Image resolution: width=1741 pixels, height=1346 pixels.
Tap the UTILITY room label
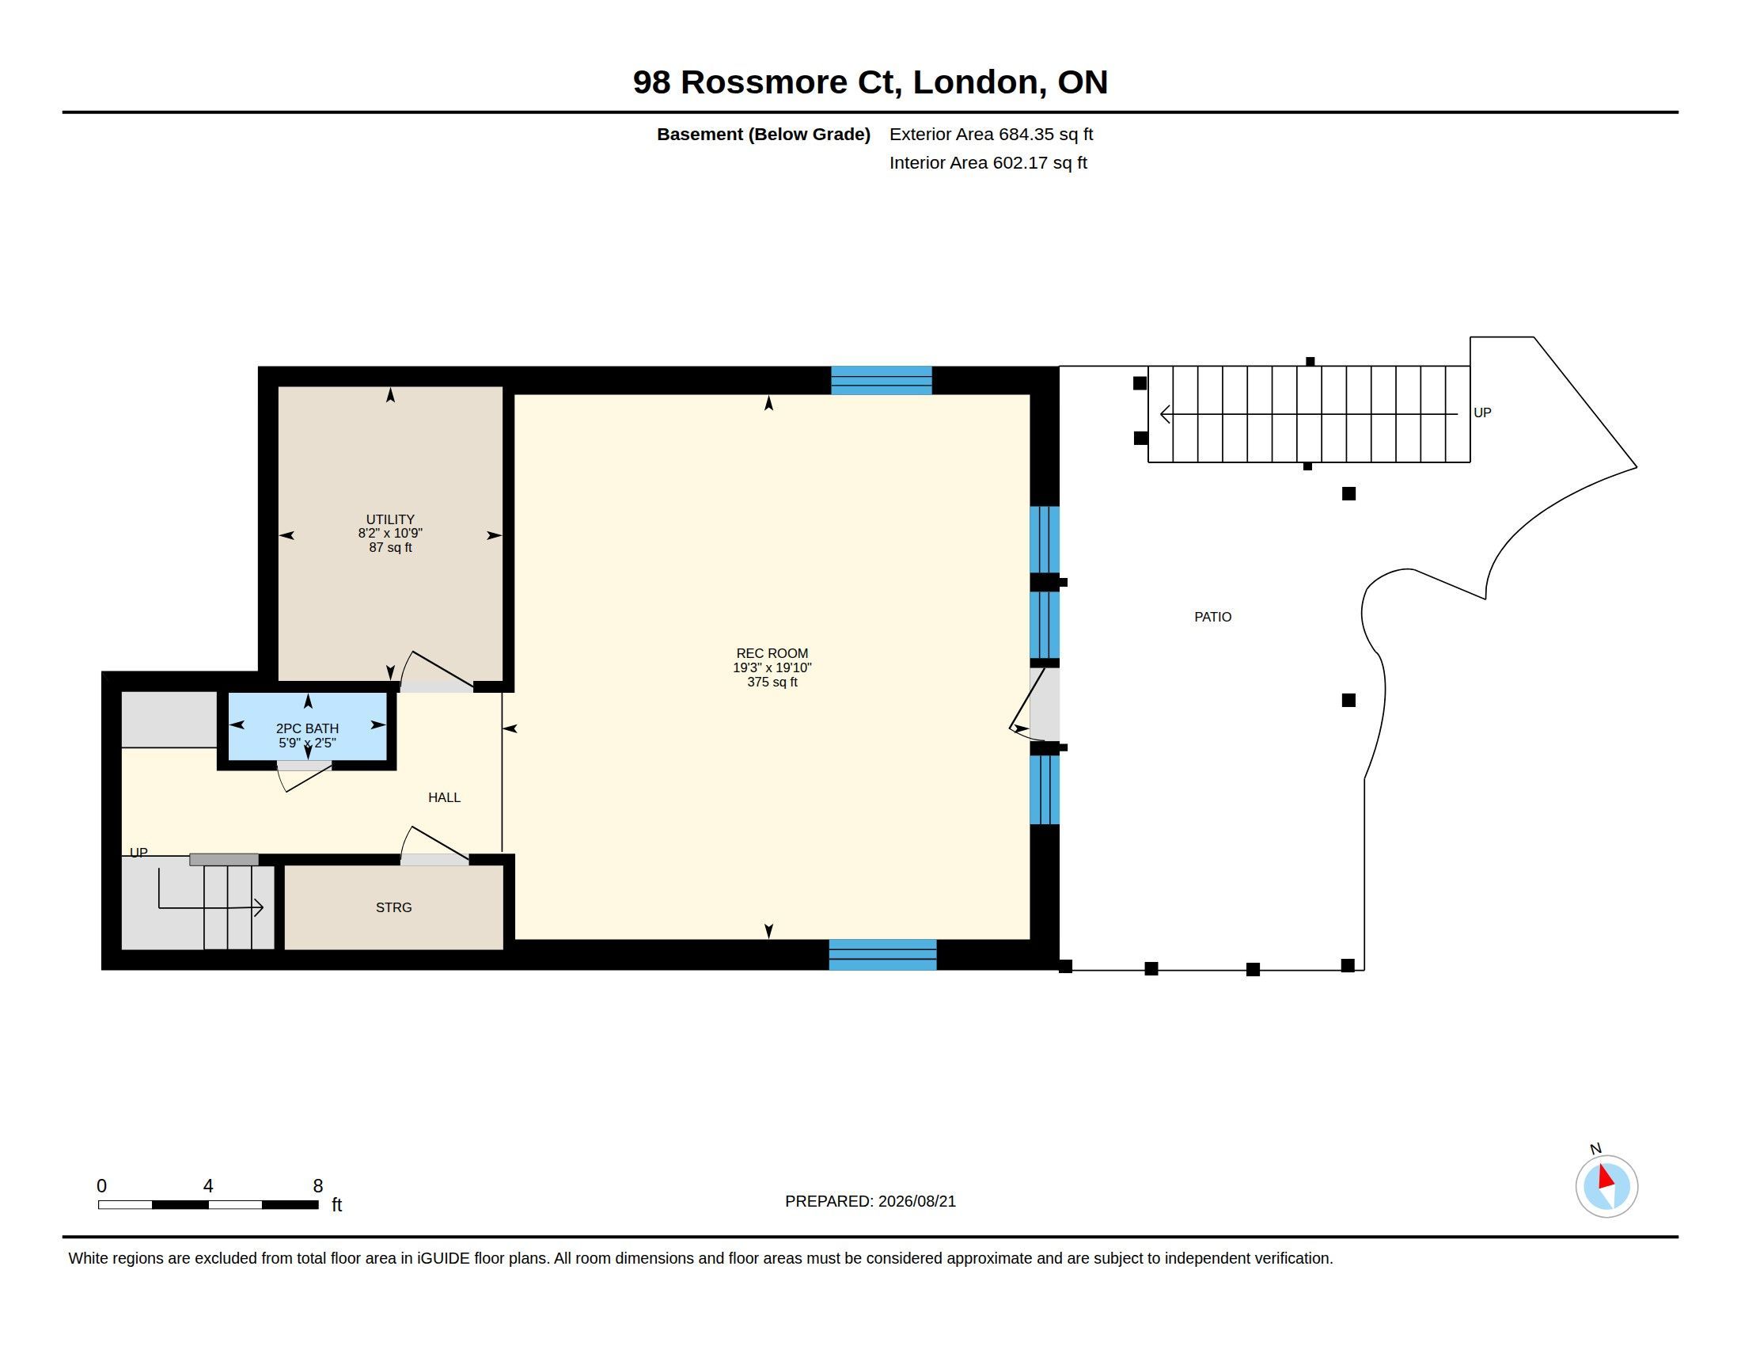click(390, 519)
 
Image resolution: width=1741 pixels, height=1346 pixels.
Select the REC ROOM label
click(772, 653)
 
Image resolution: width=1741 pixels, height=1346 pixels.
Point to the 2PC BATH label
click(307, 728)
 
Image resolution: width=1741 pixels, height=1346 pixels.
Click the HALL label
click(444, 797)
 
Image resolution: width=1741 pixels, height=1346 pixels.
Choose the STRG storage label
click(394, 907)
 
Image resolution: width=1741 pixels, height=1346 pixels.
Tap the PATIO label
click(1212, 616)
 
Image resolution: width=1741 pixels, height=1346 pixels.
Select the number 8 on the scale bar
click(318, 1186)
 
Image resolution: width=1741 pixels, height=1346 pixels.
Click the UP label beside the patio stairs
click(1482, 413)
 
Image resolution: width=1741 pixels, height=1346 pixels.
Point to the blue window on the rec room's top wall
click(881, 380)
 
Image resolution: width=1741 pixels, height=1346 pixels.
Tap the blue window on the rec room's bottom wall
click(882, 955)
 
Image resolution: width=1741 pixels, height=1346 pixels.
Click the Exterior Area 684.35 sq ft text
click(991, 134)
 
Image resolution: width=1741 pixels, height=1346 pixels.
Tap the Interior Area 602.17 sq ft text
click(988, 162)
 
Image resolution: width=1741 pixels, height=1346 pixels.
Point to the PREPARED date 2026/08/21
click(916, 1201)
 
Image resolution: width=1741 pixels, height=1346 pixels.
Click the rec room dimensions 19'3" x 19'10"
click(772, 667)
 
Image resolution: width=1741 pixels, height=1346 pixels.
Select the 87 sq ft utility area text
click(390, 547)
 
